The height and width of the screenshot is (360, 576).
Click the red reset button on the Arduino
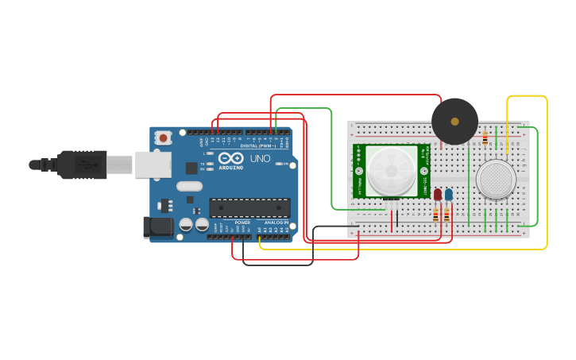pos(163,137)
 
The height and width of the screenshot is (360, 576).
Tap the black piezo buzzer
pos(454,122)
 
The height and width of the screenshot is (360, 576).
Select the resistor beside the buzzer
pos(485,138)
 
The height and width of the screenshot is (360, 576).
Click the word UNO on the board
pos(261,159)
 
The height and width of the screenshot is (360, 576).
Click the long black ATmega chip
pos(249,207)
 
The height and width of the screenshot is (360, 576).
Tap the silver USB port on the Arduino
pos(153,165)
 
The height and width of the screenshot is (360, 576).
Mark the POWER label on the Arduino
pos(242,223)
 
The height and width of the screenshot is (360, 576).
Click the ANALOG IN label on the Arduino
pos(276,223)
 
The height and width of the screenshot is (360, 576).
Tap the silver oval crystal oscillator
pos(190,187)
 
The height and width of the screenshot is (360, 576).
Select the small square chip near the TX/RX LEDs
pos(191,168)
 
